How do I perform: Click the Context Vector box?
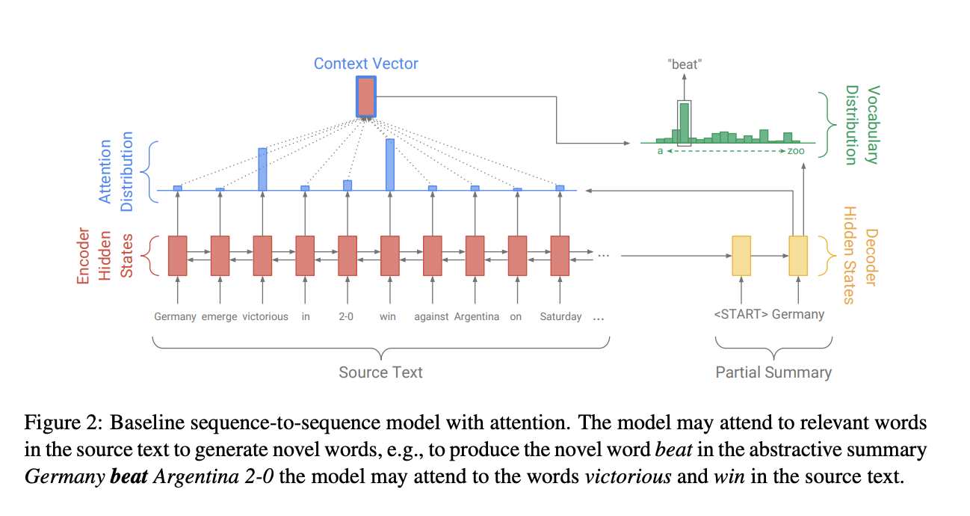365,96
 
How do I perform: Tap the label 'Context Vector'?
365,64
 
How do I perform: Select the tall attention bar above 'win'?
389,165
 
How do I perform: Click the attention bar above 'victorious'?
262,169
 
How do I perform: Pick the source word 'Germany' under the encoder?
175,316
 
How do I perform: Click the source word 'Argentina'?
476,316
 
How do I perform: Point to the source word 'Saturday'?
560,316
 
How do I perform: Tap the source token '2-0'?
346,316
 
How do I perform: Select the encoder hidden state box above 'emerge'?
220,256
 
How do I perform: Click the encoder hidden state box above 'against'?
432,256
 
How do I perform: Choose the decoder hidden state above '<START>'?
741,256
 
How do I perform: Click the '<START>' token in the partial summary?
741,314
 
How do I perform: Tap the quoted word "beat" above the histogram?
685,64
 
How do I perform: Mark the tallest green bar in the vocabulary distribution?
684,123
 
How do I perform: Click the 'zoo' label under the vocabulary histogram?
796,151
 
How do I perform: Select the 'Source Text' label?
380,372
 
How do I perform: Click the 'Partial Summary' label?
773,372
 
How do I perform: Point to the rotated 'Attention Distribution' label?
116,171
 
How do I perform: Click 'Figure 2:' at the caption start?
64,424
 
